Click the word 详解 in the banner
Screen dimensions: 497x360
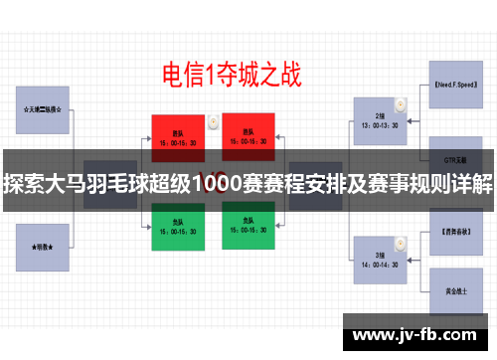coord(470,184)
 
